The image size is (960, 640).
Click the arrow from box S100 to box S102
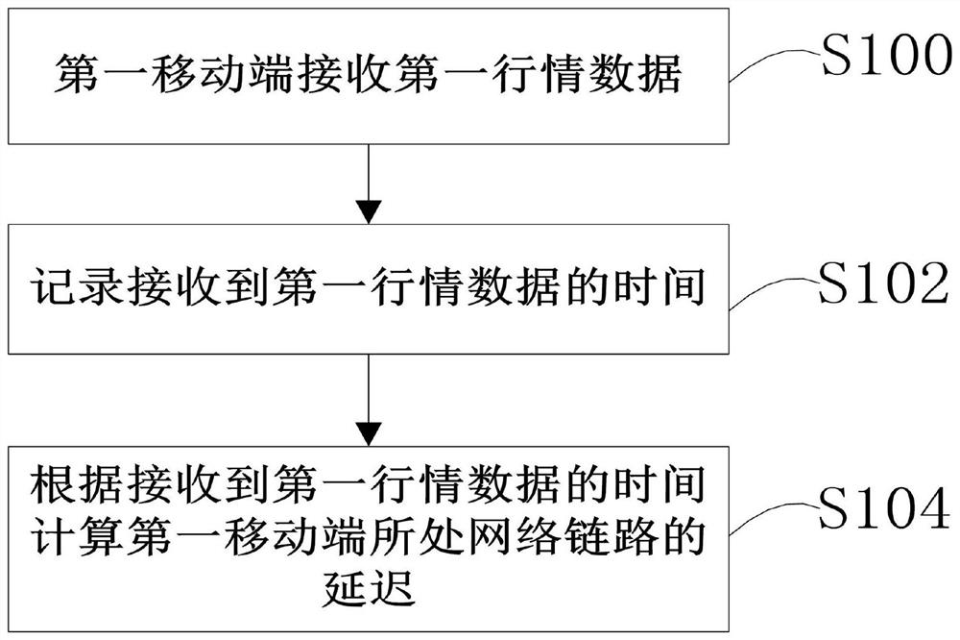[x=369, y=183]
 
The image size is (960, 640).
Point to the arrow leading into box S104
[x=369, y=404]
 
